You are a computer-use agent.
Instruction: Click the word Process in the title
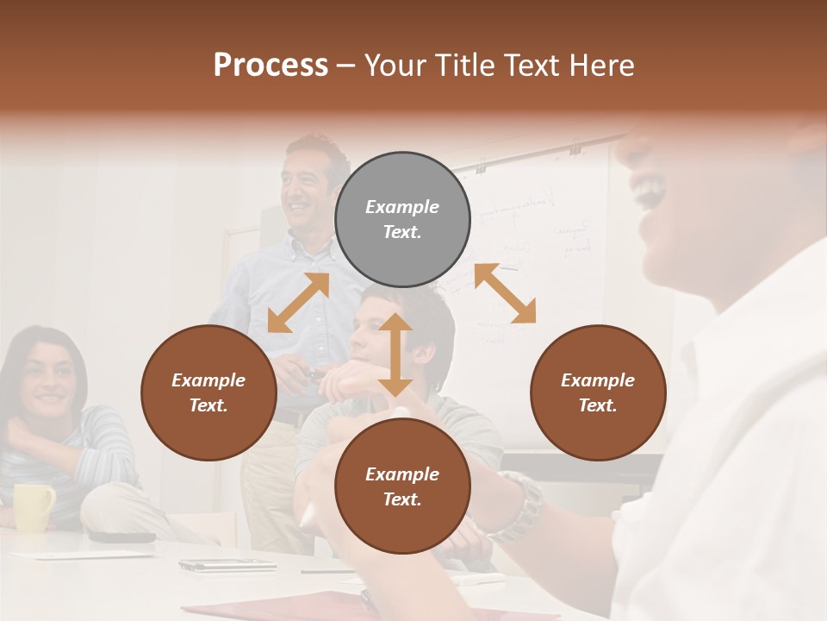click(270, 66)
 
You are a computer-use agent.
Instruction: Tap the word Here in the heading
click(598, 66)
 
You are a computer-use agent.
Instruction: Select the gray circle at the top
click(402, 219)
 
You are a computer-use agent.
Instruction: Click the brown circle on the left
click(208, 392)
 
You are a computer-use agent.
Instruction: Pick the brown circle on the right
click(598, 392)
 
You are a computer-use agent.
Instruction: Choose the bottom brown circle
click(402, 486)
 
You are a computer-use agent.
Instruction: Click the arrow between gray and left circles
click(298, 303)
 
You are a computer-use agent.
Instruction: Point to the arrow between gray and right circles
click(505, 293)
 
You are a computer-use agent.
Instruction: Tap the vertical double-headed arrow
click(395, 354)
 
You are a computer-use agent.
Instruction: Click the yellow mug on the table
click(33, 506)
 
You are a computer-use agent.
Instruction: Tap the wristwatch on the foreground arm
click(520, 505)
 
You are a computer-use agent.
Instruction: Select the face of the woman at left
click(48, 379)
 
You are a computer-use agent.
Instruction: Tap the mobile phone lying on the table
click(227, 565)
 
